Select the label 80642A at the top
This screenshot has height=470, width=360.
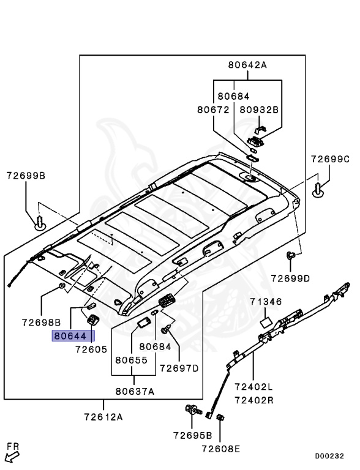[x=248, y=65]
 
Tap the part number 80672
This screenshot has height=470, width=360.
[x=212, y=110]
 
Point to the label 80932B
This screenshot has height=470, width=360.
[x=259, y=110]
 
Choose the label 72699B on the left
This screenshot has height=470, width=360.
[x=26, y=176]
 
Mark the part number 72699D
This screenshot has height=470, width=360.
[x=291, y=278]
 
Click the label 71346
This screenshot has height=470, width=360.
[x=266, y=302]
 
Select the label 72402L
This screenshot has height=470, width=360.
[x=253, y=387]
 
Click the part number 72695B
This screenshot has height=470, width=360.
[x=192, y=436]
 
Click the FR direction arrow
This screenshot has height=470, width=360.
[x=12, y=455]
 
